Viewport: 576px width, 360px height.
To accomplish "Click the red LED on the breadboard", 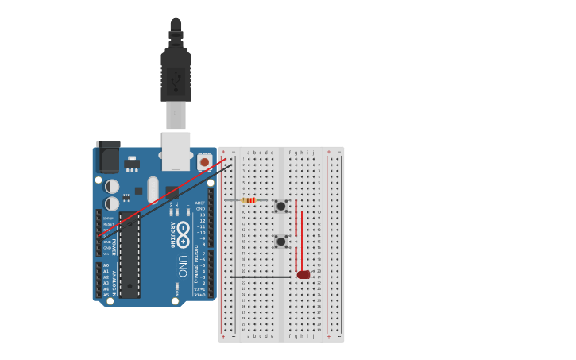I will [x=303, y=275].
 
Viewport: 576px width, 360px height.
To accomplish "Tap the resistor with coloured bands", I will [x=249, y=200].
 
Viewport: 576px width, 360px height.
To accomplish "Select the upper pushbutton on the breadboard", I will [x=280, y=206].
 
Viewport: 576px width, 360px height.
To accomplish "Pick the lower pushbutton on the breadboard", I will [x=280, y=241].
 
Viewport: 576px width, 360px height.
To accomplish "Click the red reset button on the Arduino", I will [x=204, y=162].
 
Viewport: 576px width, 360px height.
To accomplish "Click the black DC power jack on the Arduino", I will [x=107, y=157].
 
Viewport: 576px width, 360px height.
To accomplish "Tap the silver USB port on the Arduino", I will [x=176, y=150].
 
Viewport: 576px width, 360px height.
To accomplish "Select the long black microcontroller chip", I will [x=130, y=254].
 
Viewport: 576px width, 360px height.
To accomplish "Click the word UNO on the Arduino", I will [x=182, y=265].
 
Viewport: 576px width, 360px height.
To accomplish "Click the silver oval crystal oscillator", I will [x=153, y=189].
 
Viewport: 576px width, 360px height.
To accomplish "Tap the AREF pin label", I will [x=200, y=203].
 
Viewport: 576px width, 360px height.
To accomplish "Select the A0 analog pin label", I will [x=106, y=265].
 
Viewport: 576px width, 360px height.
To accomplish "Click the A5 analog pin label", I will [x=106, y=295].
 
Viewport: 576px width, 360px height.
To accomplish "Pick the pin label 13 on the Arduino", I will [x=202, y=215].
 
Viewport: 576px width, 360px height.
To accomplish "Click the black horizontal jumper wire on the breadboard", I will [x=262, y=276].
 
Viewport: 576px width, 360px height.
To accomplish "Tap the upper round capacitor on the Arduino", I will [x=112, y=186].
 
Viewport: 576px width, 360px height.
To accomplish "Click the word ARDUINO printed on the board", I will [x=172, y=234].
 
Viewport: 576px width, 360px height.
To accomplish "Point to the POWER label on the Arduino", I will [x=114, y=246].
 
